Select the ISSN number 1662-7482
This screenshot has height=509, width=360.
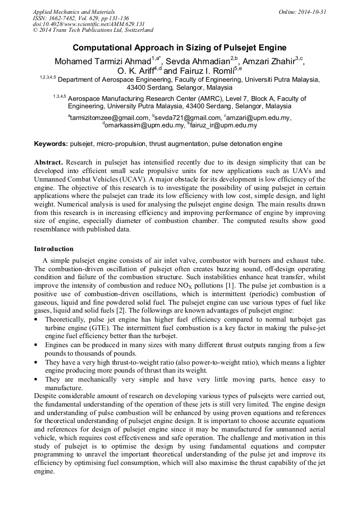click(66, 18)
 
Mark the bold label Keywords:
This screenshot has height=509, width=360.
click(51, 144)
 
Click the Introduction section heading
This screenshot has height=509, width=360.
click(54, 249)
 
